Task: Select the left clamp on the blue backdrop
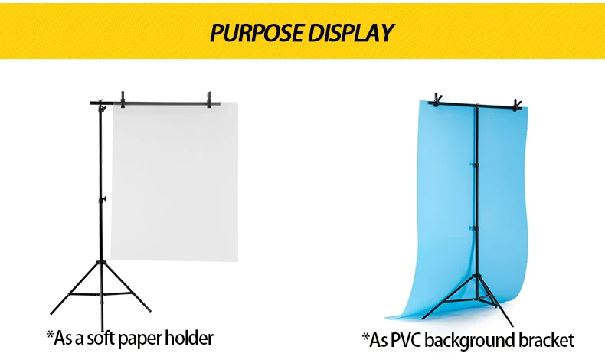click(437, 100)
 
